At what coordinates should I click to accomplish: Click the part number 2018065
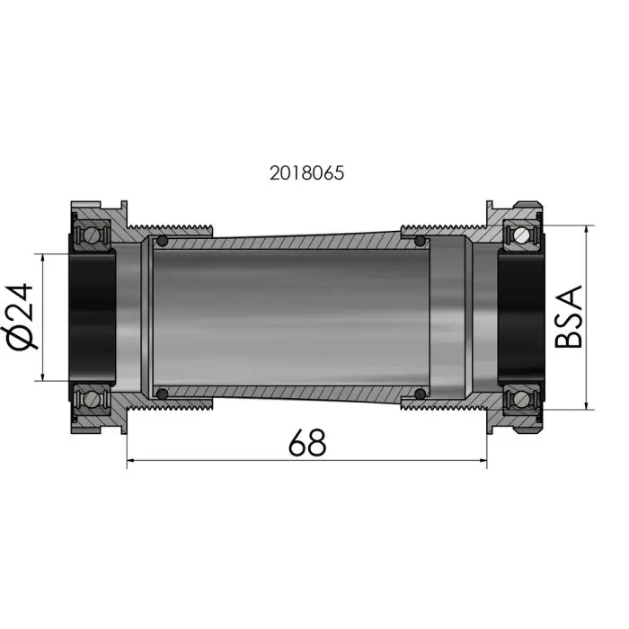click(307, 173)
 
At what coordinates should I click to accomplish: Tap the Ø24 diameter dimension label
click(19, 317)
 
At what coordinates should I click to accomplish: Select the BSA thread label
click(568, 316)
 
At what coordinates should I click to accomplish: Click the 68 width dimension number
click(307, 442)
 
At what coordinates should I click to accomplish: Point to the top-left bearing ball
click(92, 234)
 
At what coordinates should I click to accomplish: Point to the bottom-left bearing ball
click(92, 399)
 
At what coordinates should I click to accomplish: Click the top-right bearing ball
click(522, 235)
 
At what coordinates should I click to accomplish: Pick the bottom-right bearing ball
click(522, 398)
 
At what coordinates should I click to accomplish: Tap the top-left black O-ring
click(163, 241)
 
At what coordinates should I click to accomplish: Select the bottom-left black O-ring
click(163, 394)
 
